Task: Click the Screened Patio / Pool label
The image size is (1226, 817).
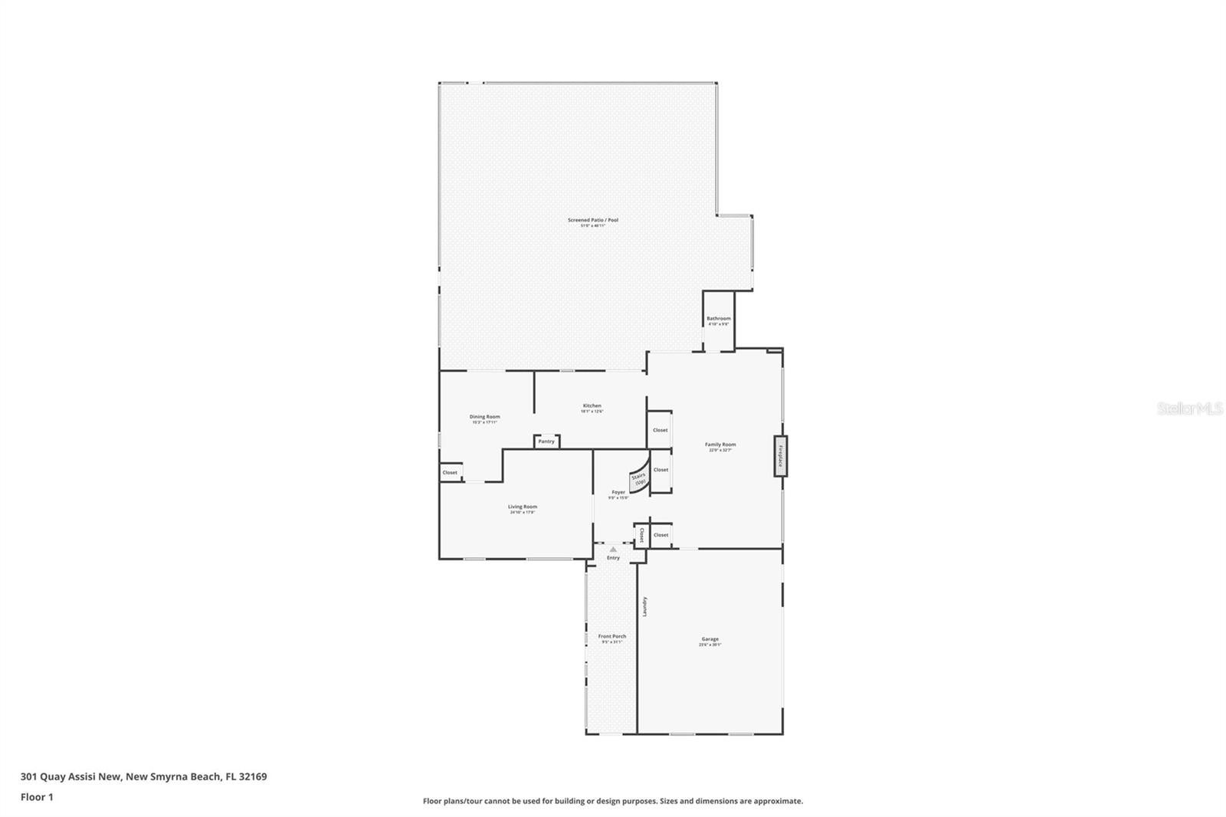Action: [x=592, y=221]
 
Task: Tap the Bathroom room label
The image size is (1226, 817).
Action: [x=718, y=319]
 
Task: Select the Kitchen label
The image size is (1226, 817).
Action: [x=592, y=406]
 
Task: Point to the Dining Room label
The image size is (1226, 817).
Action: [x=484, y=417]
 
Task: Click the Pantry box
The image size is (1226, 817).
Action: [x=546, y=441]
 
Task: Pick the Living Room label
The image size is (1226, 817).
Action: [x=523, y=507]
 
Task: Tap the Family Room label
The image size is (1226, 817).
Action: [x=720, y=445]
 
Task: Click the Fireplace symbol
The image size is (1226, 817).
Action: [x=780, y=456]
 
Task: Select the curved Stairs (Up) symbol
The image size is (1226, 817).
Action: [x=639, y=479]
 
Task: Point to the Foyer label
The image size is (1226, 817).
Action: [x=618, y=493]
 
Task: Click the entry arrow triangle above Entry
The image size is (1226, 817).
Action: [x=612, y=549]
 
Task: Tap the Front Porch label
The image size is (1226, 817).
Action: [x=611, y=636]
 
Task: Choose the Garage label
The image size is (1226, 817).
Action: [x=710, y=639]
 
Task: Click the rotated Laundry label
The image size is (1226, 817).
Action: [x=645, y=606]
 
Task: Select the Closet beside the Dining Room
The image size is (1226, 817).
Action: [x=450, y=473]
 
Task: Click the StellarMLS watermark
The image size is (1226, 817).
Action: [x=1189, y=409]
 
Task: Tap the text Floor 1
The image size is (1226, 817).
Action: [x=37, y=797]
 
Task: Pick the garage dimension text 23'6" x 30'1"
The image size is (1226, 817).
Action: [x=710, y=645]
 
